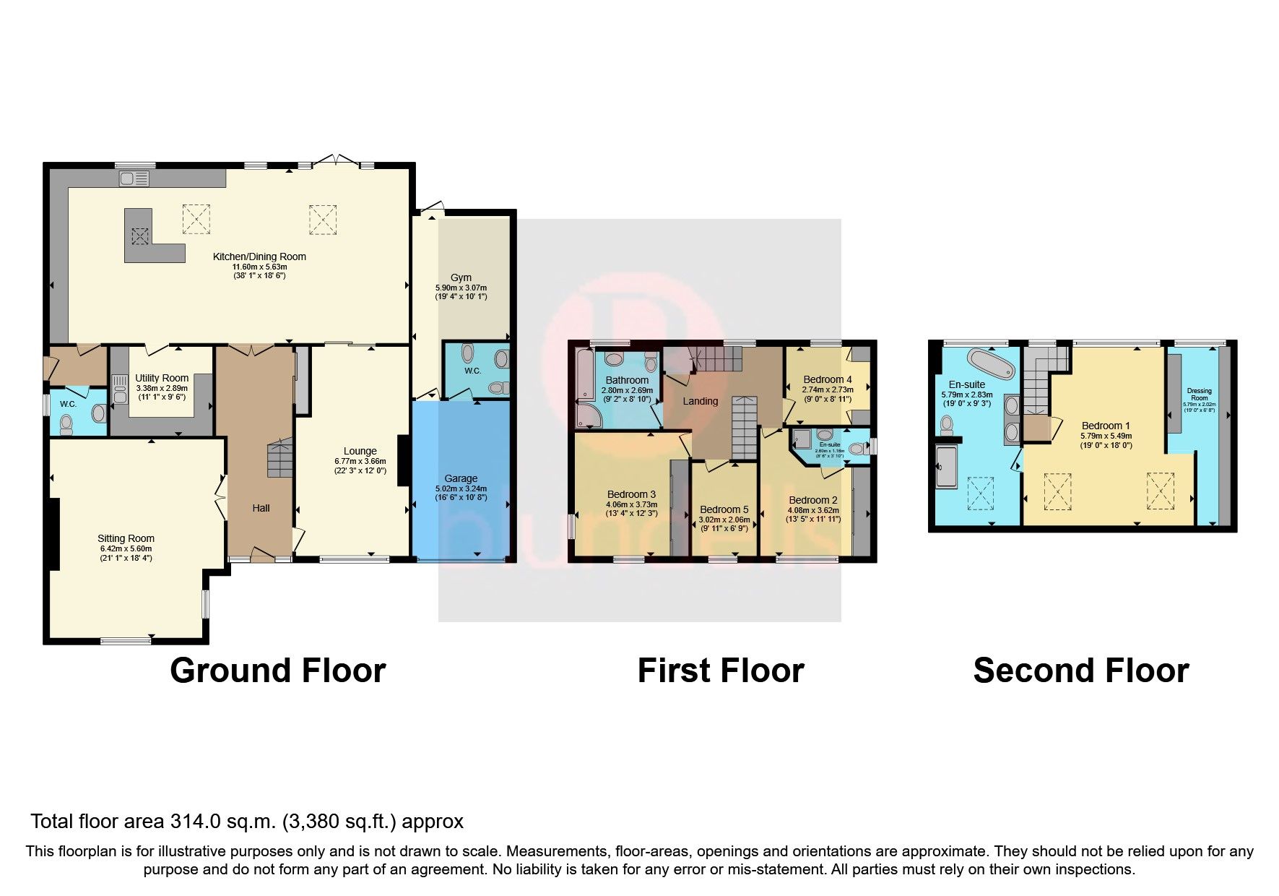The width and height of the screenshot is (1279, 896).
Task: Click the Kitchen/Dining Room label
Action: [259, 257]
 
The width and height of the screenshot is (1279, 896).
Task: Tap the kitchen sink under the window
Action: [135, 178]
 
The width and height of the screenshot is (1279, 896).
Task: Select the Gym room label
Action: [461, 277]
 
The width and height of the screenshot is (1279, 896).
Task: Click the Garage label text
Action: [461, 478]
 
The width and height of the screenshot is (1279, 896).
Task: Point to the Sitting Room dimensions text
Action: [126, 553]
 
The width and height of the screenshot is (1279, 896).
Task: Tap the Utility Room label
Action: [162, 378]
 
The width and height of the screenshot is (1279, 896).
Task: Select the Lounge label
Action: [360, 451]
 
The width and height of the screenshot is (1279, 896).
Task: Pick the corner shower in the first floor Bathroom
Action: [586, 415]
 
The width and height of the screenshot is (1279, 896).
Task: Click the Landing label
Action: [701, 401]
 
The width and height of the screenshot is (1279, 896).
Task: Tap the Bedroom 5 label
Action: [724, 509]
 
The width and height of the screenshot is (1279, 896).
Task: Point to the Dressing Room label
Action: [1199, 395]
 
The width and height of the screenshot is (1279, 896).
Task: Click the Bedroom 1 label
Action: [1106, 426]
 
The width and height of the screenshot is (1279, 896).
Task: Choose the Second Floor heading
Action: [1080, 671]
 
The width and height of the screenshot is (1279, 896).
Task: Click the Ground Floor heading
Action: [277, 671]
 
